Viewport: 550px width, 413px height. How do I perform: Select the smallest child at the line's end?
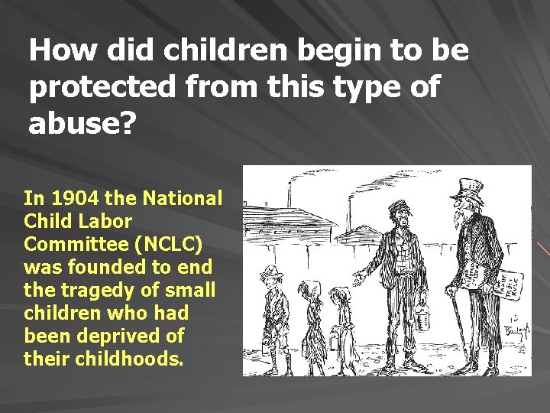click(338, 325)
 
